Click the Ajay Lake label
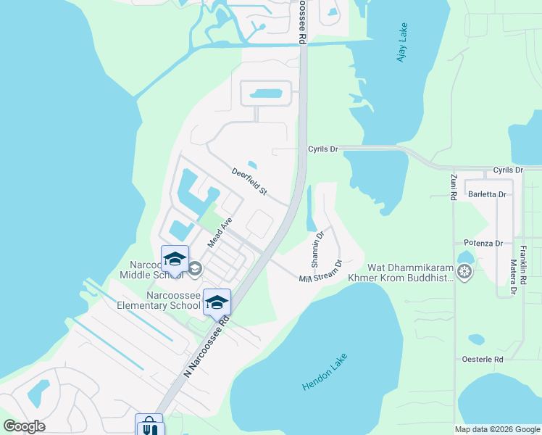coord(403,42)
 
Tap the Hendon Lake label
coord(325,373)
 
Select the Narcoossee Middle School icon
coord(175,259)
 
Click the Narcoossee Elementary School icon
coord(217,302)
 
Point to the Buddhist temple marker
coord(464,273)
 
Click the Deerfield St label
coord(249,182)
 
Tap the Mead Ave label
coord(220,232)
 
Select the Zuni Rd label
coord(453,185)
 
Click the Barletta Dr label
coord(487,194)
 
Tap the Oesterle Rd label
coord(483,360)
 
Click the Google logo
coord(24,426)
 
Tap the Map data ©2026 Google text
coord(497,429)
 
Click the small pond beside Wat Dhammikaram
coord(464,257)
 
